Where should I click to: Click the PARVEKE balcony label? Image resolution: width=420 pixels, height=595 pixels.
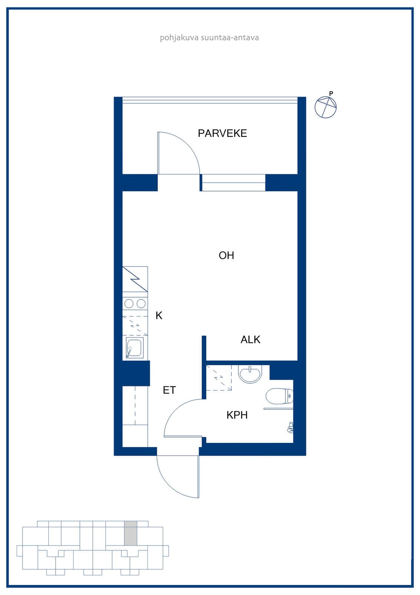pyautogui.click(x=222, y=134)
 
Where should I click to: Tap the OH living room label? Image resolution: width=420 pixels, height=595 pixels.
pyautogui.click(x=226, y=255)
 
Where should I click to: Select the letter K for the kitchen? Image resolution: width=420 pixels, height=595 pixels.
pyautogui.click(x=159, y=316)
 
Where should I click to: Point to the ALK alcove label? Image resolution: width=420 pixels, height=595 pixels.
pyautogui.click(x=250, y=340)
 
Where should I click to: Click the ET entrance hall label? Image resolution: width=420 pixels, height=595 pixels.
pyautogui.click(x=169, y=390)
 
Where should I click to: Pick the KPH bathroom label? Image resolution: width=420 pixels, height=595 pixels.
pyautogui.click(x=237, y=415)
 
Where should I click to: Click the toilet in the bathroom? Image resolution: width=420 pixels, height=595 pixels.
pyautogui.click(x=279, y=396)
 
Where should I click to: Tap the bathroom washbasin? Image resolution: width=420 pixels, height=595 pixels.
pyautogui.click(x=250, y=374)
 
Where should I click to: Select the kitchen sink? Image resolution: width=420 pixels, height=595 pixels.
pyautogui.click(x=134, y=348)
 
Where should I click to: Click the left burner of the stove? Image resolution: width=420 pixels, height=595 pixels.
pyautogui.click(x=129, y=303)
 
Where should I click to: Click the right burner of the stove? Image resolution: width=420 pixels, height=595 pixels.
pyautogui.click(x=141, y=303)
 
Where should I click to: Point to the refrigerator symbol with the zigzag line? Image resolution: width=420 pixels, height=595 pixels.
pyautogui.click(x=135, y=279)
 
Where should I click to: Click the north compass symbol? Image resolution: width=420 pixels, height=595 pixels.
pyautogui.click(x=326, y=107)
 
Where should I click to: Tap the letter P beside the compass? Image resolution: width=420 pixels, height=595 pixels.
pyautogui.click(x=331, y=93)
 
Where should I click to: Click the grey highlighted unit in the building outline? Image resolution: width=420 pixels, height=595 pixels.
pyautogui.click(x=131, y=533)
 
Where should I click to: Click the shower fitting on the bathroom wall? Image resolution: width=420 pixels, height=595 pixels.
pyautogui.click(x=290, y=427)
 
